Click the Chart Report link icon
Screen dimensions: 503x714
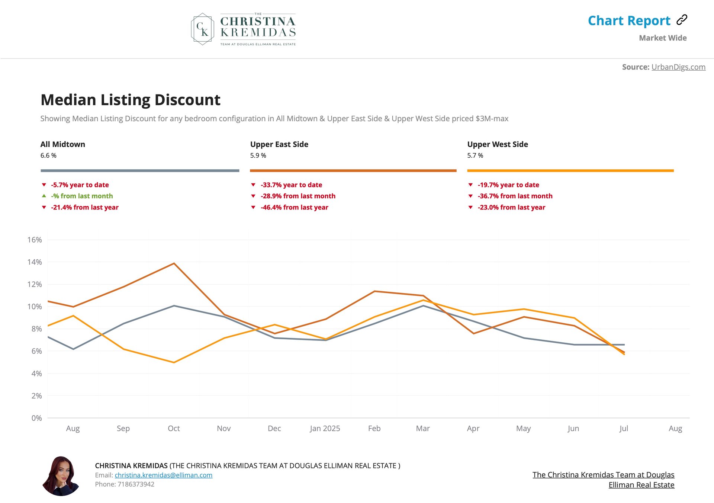[682, 20]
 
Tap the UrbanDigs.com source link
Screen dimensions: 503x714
[678, 67]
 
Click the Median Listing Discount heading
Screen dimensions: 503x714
[130, 100]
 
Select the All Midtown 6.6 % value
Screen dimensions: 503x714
[48, 156]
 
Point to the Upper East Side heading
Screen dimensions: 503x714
[279, 144]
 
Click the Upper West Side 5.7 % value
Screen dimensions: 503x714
[475, 156]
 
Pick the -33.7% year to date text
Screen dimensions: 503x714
[291, 185]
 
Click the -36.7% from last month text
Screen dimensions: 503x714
[515, 196]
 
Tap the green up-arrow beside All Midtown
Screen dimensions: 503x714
[44, 196]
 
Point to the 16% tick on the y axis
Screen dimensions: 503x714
[35, 240]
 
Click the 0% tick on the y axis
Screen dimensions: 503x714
[36, 418]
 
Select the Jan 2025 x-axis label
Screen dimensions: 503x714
[325, 429]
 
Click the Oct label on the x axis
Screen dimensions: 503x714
[174, 429]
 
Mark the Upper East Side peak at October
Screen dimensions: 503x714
[174, 263]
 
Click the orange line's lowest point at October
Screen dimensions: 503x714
[174, 362]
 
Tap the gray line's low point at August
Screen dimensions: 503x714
[73, 349]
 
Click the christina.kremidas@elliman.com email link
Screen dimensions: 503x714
[163, 475]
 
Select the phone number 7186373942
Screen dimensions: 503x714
[136, 484]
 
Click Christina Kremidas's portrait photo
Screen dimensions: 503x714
[61, 476]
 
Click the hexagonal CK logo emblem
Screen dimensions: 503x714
[202, 29]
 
